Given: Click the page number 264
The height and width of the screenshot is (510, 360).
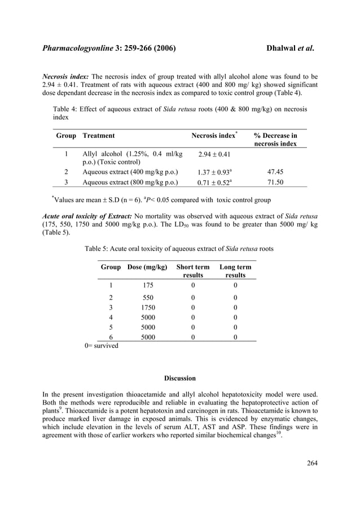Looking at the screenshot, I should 312,464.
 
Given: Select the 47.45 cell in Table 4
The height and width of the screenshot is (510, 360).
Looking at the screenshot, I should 275,171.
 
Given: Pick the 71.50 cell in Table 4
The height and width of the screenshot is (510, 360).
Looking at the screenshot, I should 275,182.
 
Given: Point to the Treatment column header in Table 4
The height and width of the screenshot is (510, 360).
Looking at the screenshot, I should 99,136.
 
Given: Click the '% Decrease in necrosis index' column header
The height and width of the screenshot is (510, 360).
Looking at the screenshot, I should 275,140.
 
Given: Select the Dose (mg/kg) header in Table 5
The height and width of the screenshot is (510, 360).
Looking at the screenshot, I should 148,267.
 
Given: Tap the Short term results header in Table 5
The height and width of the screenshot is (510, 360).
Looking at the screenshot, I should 192,271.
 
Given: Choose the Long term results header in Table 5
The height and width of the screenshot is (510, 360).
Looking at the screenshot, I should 235,271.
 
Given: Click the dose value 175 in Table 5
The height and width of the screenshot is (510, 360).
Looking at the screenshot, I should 148,285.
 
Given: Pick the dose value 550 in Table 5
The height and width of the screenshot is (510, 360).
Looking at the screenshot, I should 148,298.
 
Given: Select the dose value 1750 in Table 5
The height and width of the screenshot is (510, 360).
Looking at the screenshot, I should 148,308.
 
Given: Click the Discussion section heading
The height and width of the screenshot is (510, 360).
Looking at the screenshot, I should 179,378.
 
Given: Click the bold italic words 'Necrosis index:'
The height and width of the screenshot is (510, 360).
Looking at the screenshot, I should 66,77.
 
